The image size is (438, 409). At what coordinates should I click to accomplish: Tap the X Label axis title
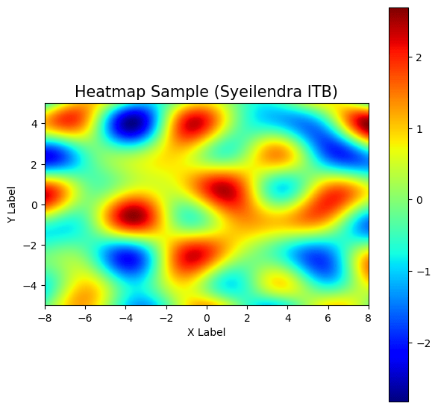click(207, 332)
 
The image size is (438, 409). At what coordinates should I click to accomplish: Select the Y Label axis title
click(11, 204)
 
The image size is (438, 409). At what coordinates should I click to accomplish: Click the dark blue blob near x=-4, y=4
click(133, 125)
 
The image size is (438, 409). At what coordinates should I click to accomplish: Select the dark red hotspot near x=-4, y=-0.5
click(134, 216)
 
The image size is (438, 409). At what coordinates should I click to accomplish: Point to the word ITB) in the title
click(321, 93)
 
